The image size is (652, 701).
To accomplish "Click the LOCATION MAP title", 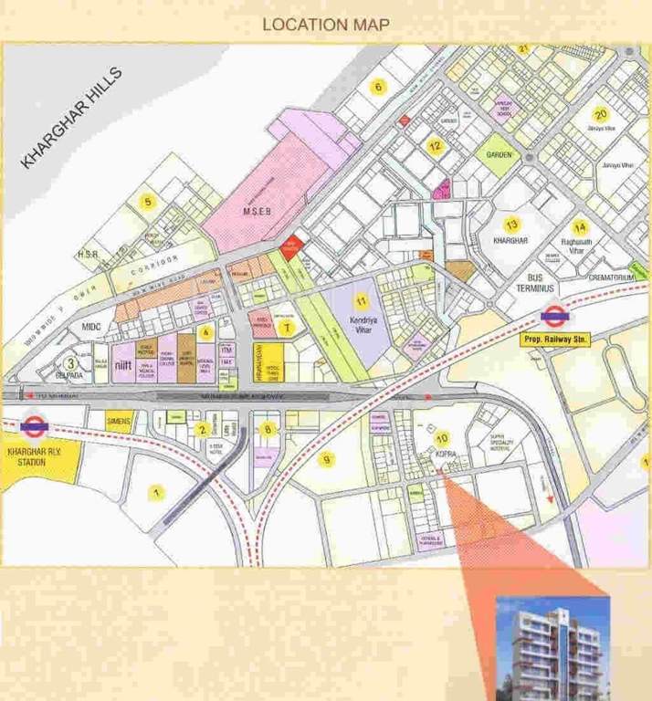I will click(326, 25).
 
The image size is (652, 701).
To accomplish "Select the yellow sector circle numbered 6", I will click(374, 88).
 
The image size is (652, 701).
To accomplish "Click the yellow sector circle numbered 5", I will click(145, 202).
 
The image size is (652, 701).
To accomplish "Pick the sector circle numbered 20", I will click(600, 115).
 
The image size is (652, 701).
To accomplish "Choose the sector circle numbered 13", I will click(512, 225).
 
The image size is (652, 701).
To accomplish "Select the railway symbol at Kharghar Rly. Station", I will click(34, 424).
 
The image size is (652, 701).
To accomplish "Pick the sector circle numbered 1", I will click(157, 493).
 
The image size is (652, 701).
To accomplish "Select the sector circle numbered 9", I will click(326, 459).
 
